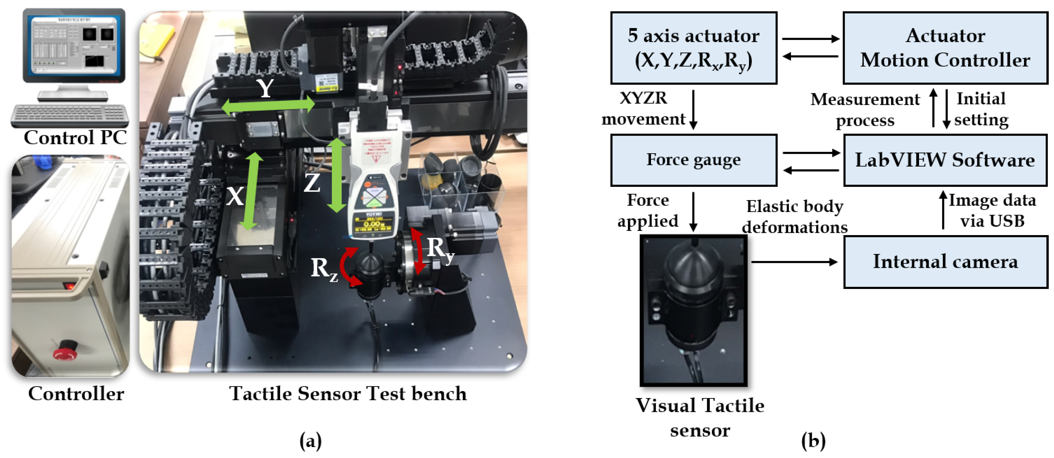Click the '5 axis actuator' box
pos(693,48)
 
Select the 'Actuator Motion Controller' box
pos(945,48)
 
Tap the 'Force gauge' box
pos(693,160)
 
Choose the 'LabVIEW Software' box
pos(945,160)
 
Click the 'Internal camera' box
pos(945,262)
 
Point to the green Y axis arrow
pos(268,105)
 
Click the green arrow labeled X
pos(251,191)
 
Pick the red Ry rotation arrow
pos(418,251)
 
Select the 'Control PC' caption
pos(75,137)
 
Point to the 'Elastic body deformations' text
pos(794,217)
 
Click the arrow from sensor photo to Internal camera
pos(794,262)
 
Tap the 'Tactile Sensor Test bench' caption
pos(348,393)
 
